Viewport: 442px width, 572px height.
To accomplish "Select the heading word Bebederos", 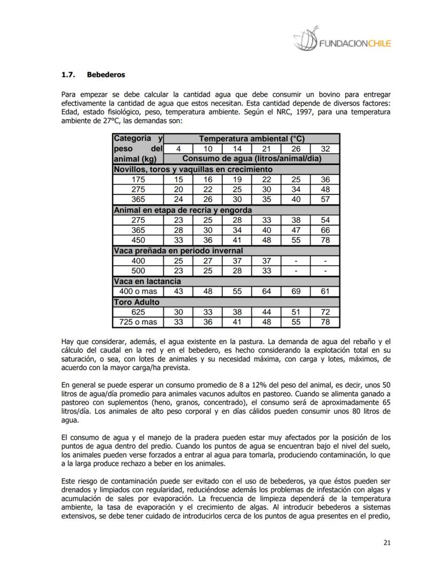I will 106,74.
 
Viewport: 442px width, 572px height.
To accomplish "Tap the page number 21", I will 387,543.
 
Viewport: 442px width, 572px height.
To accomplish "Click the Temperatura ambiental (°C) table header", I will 251,138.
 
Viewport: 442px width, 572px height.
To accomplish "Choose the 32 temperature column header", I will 325,148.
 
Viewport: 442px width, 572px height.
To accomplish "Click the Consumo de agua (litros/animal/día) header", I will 251,159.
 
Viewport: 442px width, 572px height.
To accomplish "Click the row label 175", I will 138,179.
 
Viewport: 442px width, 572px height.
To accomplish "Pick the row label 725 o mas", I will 138,322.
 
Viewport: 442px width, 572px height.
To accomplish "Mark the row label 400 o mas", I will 138,292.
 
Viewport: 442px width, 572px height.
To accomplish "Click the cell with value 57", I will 325,199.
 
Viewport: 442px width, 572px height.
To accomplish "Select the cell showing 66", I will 325,230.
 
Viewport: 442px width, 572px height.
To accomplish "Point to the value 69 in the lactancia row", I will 295,292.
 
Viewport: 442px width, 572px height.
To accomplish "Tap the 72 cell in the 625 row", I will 325,312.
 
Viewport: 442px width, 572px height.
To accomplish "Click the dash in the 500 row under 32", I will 325,271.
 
